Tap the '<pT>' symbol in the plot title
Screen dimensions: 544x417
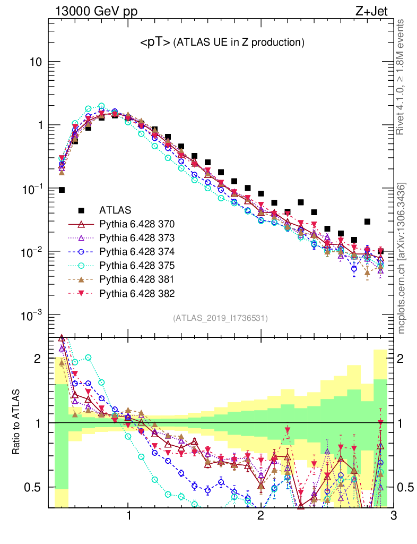155,43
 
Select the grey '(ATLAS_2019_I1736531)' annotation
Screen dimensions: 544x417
220,318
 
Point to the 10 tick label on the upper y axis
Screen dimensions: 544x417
36,62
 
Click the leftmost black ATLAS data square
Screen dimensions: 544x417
62,190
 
